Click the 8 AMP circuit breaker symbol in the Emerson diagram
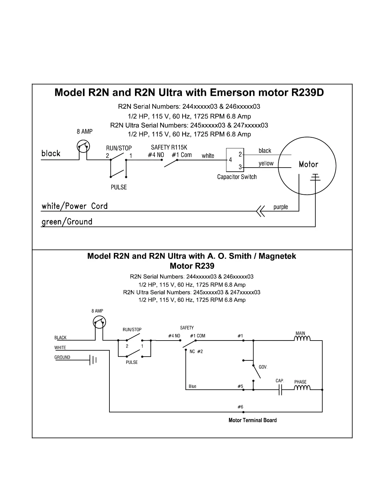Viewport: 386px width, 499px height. (84, 146)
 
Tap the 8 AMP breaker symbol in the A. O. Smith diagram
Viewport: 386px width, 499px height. (99, 322)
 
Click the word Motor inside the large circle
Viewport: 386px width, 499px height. (308, 164)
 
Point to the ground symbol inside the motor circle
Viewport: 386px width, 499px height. (315, 177)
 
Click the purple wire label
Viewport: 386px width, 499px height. (281, 207)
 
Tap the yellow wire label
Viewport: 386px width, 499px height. (266, 163)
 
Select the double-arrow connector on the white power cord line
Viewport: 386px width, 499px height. (260, 211)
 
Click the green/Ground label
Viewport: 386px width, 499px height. (67, 222)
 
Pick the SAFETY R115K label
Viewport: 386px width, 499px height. (169, 147)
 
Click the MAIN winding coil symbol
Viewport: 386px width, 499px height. (302, 339)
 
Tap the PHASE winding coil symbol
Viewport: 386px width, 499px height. (302, 388)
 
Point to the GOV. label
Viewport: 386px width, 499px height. (263, 367)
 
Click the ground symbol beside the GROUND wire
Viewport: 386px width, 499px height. (93, 360)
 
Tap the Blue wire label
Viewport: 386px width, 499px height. (192, 387)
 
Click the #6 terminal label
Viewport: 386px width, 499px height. (240, 407)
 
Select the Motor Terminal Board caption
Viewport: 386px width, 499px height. (252, 420)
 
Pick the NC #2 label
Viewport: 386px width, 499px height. (196, 352)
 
